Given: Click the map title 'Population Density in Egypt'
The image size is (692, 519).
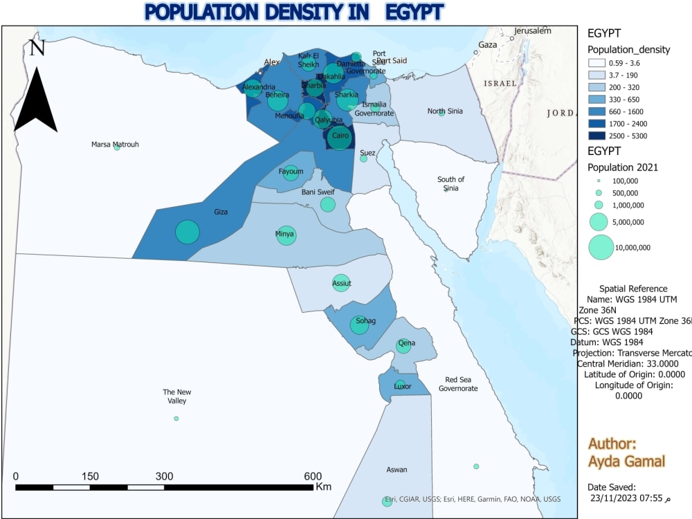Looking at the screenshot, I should (294, 12).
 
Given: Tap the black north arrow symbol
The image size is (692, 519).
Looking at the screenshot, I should (35, 97).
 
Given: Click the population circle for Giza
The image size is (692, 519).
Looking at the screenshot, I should (187, 232).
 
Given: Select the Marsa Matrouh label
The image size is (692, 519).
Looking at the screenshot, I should (115, 144).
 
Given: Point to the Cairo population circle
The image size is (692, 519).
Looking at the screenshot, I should (340, 137).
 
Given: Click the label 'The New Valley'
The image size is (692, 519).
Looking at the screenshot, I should (176, 396).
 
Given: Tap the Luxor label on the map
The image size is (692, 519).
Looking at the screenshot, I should (402, 386).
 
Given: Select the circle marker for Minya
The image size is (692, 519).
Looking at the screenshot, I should (286, 235).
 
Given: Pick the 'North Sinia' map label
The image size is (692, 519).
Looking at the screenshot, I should (445, 111).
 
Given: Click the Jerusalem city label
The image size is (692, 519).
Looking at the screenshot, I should (532, 31).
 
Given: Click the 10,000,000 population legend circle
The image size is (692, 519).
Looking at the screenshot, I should (601, 247).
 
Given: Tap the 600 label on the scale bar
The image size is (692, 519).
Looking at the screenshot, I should (313, 476).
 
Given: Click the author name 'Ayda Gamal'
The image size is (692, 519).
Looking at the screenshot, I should (626, 462).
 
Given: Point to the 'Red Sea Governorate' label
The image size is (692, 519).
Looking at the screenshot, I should (458, 384).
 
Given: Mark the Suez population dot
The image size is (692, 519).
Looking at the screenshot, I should (363, 158).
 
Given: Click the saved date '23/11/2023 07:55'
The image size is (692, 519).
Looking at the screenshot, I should (626, 498).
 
